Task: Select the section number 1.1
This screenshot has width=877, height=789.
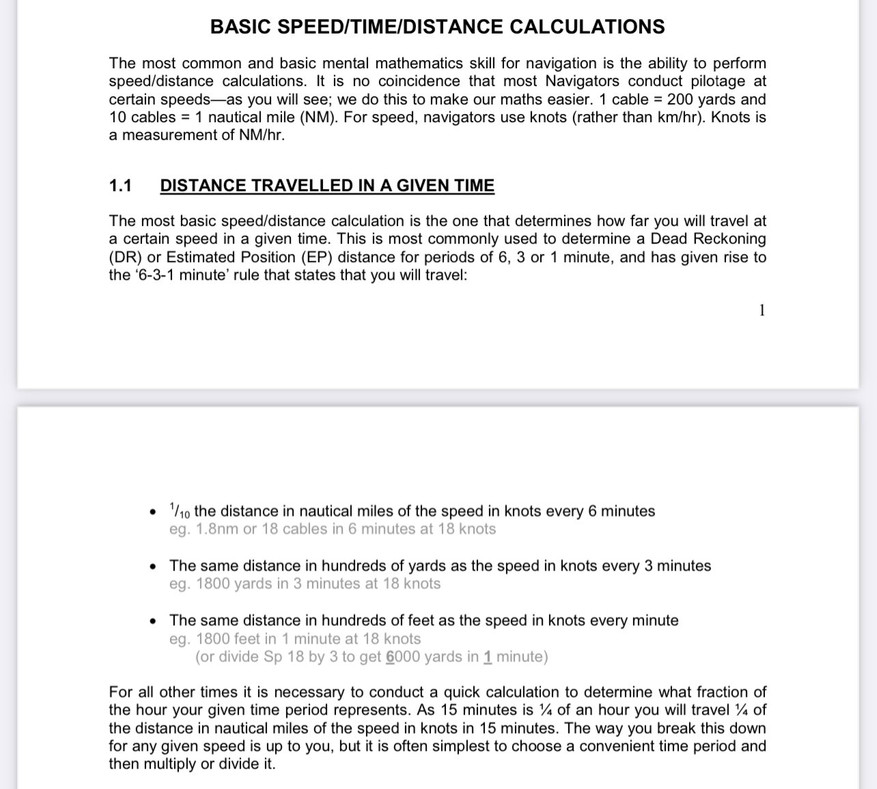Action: [120, 186]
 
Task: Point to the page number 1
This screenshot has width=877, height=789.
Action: [762, 311]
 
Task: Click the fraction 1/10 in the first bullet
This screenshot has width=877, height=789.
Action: [180, 511]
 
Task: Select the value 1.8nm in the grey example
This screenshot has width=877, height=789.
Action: [217, 529]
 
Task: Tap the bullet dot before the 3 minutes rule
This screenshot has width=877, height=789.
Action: [154, 566]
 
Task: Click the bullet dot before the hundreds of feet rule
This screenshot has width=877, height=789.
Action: [154, 621]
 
